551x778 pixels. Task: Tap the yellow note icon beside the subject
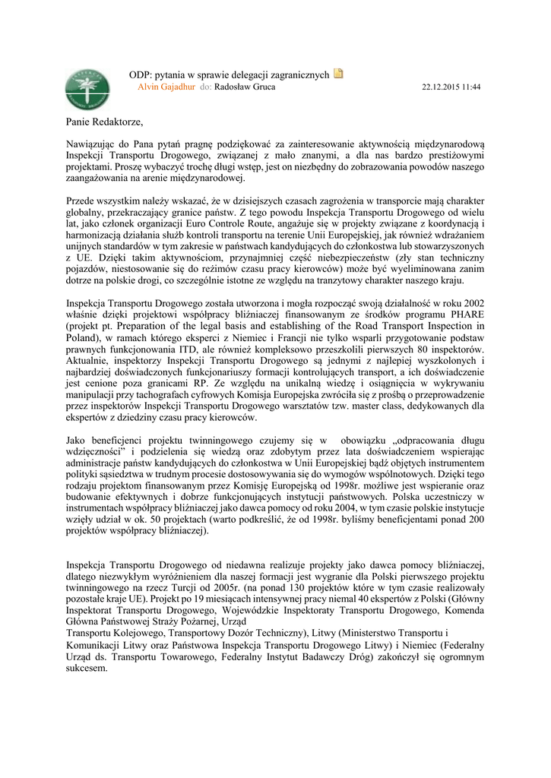[x=338, y=74]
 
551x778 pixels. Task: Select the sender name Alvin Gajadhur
[x=166, y=87]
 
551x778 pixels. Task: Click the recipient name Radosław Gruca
[x=245, y=87]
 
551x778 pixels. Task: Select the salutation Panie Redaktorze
[x=104, y=122]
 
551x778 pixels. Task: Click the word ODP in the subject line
[x=139, y=75]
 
